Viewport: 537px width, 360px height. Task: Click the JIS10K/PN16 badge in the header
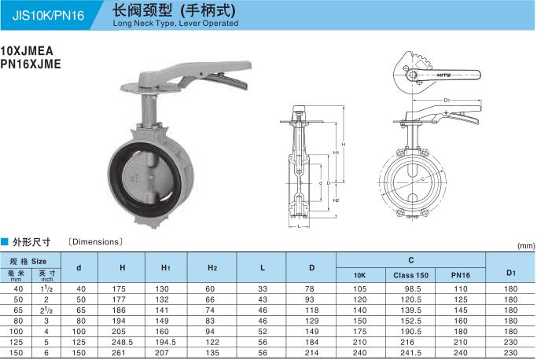(48, 16)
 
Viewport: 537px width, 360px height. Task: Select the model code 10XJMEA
(27, 51)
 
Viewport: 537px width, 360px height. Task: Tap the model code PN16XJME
(31, 64)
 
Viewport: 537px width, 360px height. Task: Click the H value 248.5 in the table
(122, 342)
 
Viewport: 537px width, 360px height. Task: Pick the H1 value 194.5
(165, 342)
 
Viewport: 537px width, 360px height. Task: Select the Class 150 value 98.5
(412, 288)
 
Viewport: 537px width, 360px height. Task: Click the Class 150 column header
(410, 275)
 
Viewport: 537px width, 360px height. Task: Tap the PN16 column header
(461, 275)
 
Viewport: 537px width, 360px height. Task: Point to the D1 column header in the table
(510, 273)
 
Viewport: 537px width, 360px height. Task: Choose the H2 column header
(212, 268)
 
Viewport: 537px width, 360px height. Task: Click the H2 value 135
(212, 353)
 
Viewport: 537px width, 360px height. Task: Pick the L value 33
(263, 288)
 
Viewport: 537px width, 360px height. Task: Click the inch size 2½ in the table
(46, 310)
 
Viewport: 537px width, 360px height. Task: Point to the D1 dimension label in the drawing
(447, 100)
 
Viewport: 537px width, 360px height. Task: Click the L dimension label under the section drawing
(299, 226)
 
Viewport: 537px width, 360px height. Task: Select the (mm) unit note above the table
(526, 245)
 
